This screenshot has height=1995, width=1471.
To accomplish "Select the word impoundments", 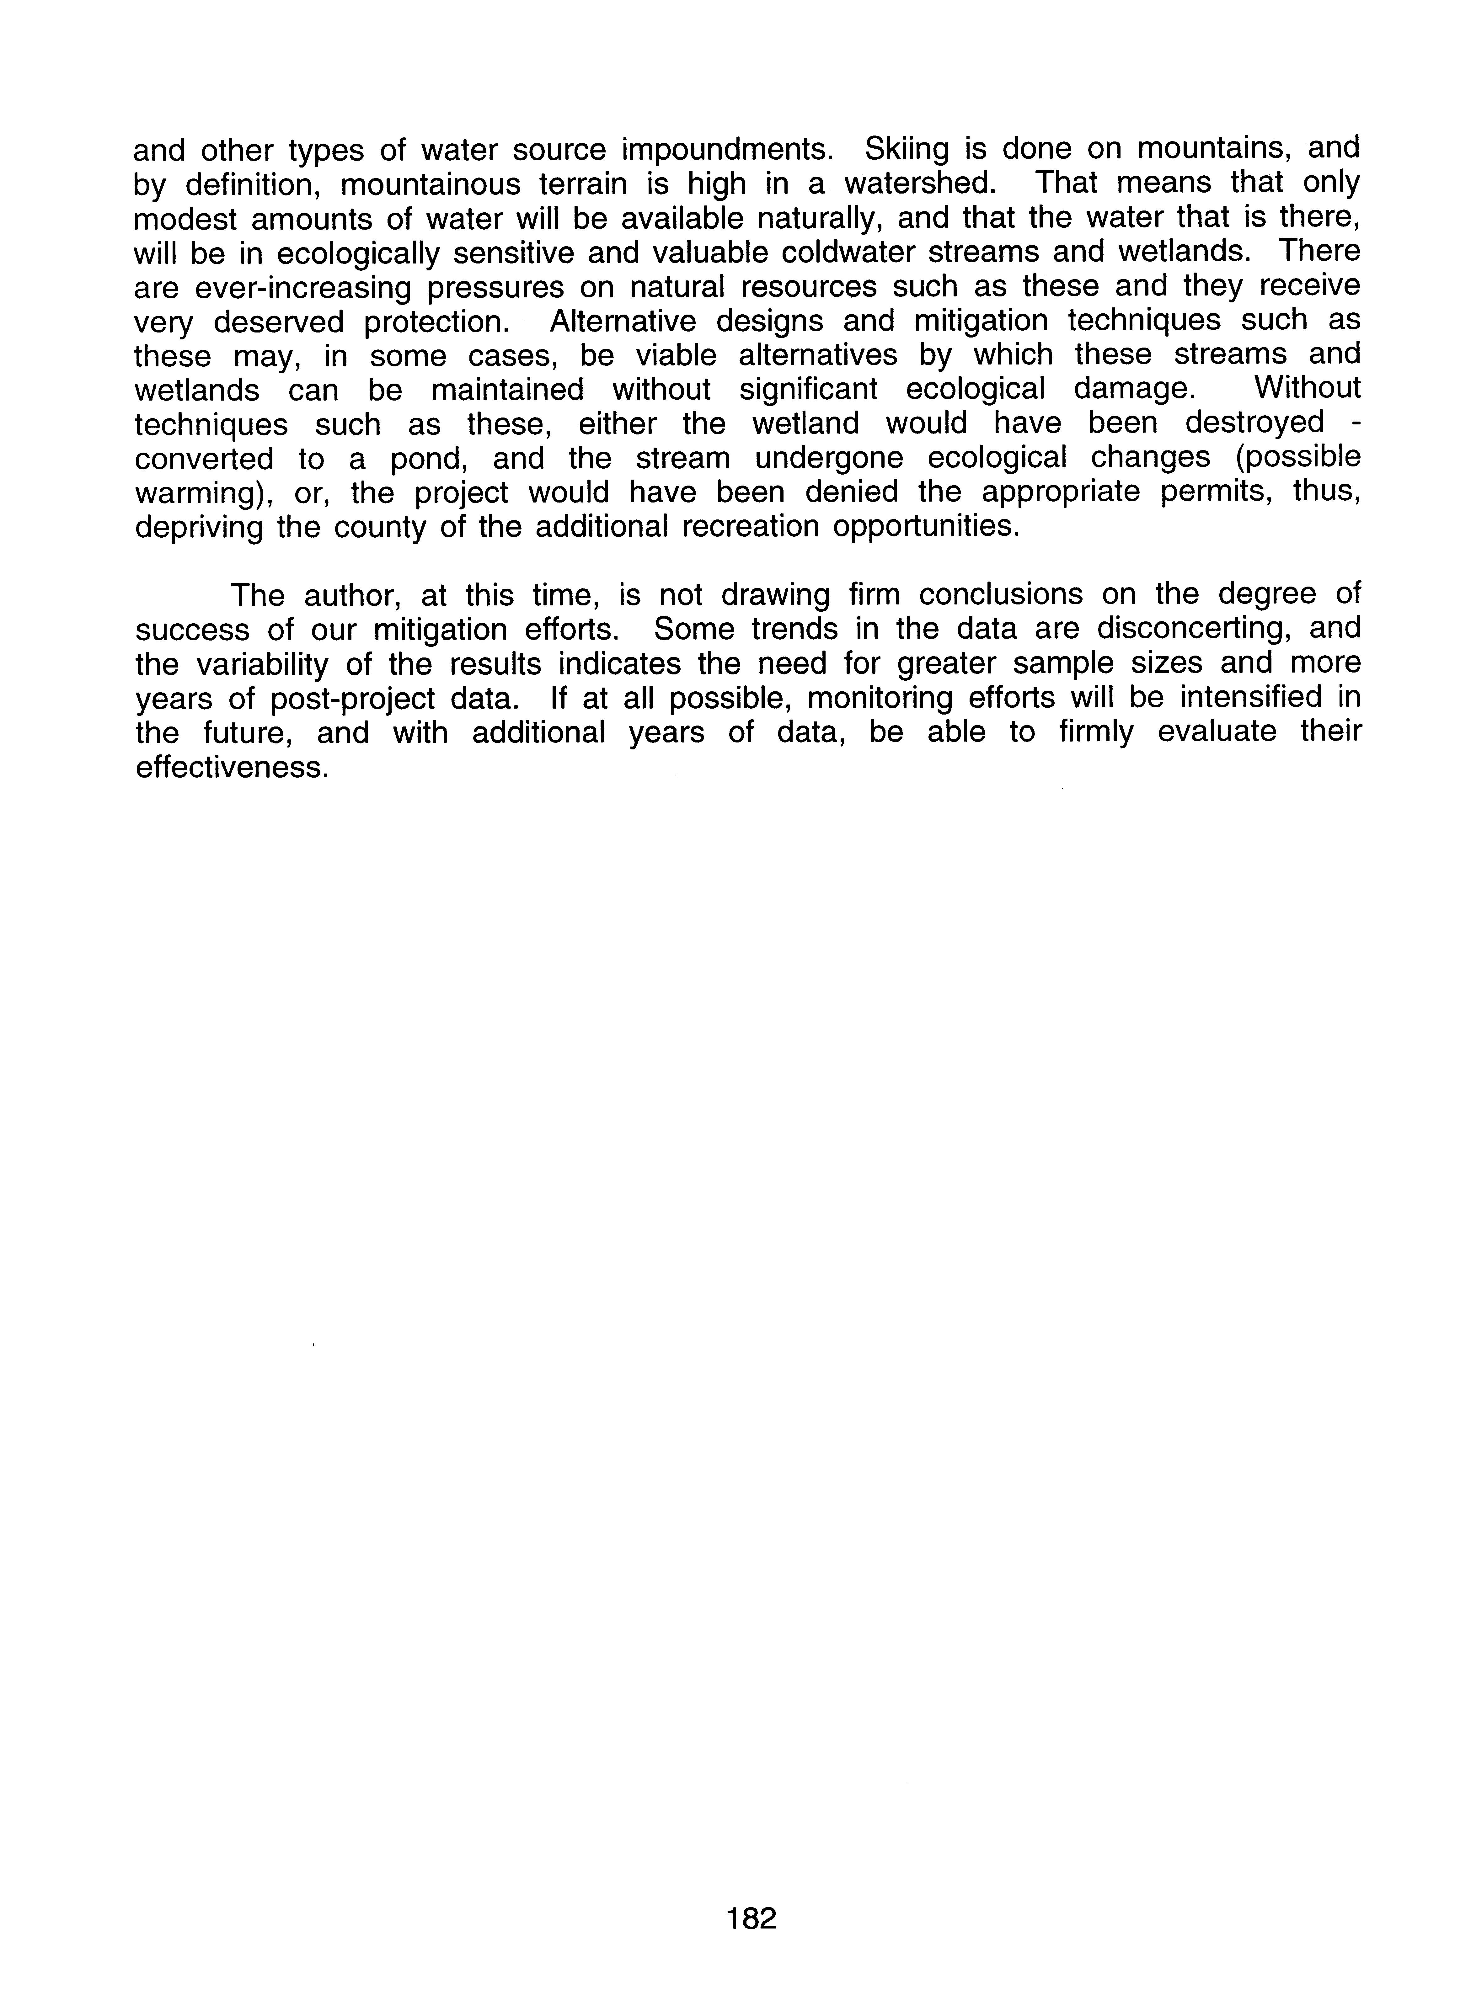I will [727, 149].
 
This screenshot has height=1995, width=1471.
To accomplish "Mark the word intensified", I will [1246, 698].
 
